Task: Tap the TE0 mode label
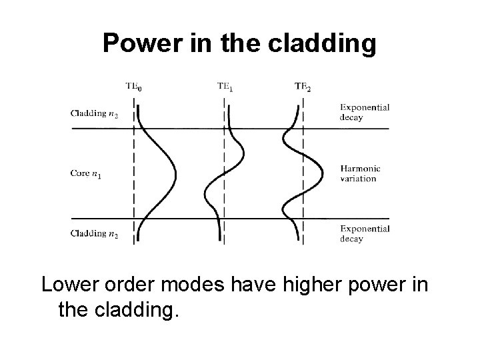pyautogui.click(x=134, y=86)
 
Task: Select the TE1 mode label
pyautogui.click(x=225, y=86)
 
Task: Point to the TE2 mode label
pyautogui.click(x=303, y=86)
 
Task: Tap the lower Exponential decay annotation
pyautogui.click(x=365, y=233)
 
